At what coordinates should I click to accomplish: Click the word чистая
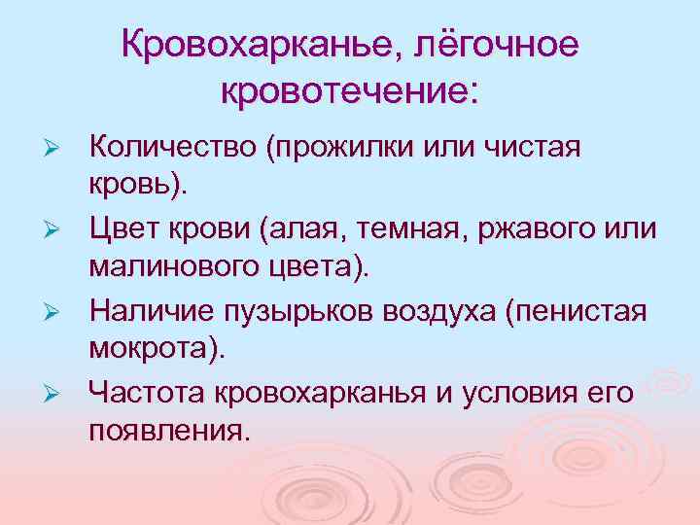531,152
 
